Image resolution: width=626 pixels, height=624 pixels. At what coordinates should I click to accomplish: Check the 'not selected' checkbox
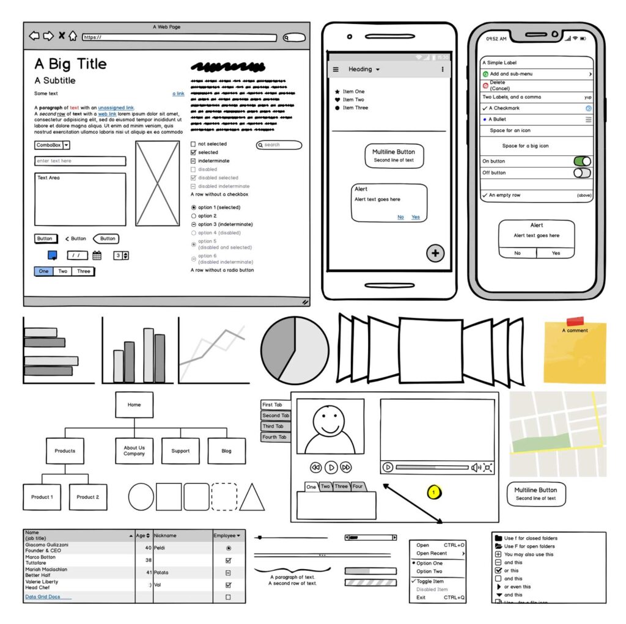pos(194,144)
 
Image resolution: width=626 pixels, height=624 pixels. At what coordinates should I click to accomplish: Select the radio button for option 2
pos(194,216)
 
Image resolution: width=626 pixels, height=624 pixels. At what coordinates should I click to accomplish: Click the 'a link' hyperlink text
pos(179,94)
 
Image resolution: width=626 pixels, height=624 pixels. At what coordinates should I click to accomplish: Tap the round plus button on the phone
pos(435,253)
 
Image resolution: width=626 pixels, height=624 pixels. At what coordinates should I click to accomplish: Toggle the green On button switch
pos(582,161)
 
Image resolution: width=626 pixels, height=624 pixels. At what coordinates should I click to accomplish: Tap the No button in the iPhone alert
pos(517,253)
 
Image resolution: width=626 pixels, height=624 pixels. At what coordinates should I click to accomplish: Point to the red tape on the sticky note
pos(575,321)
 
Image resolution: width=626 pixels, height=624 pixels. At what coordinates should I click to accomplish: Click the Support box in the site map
pos(180,451)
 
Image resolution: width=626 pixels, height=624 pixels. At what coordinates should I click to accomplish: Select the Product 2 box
pos(88,497)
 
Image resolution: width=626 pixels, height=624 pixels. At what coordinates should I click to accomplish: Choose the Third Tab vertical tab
pos(275,427)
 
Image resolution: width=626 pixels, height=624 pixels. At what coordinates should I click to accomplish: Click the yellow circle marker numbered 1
pos(434,491)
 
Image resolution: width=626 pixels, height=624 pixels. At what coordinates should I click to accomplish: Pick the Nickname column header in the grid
pos(182,535)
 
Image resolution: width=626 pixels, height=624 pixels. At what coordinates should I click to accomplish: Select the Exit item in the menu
pos(421,597)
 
